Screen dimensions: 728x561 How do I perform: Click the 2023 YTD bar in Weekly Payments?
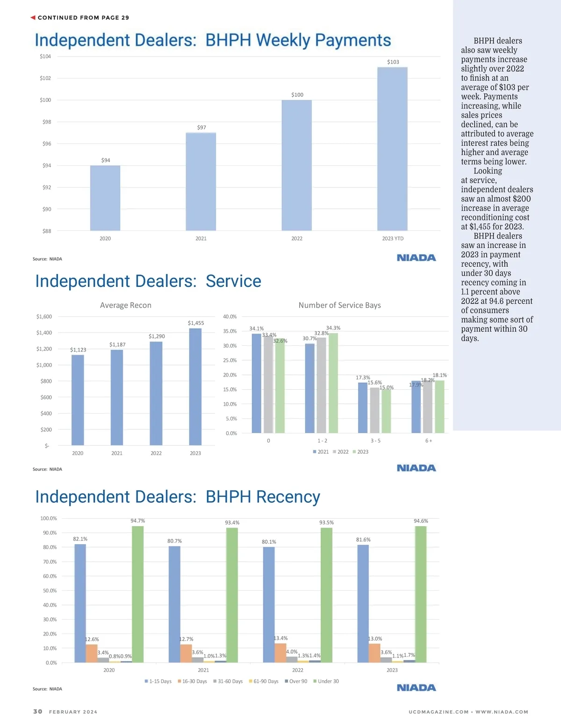[392, 149]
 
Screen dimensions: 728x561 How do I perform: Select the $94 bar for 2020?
[105, 198]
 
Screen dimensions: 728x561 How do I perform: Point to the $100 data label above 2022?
[297, 95]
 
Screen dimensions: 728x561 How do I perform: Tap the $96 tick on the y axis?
[47, 144]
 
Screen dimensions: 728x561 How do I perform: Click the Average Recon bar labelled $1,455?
[195, 386]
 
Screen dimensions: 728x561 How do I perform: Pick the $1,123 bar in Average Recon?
[78, 400]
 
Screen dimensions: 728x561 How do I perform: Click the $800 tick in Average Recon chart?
[46, 381]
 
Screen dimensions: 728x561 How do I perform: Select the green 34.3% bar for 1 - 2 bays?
[333, 383]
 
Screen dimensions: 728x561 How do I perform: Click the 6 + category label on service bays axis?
[429, 441]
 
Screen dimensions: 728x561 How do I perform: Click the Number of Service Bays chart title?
[339, 305]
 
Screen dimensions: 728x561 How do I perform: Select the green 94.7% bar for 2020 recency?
[137, 594]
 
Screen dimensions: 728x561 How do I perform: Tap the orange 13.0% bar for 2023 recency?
[374, 653]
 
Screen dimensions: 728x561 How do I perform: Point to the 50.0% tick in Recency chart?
[49, 591]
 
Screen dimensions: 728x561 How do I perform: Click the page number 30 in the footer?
[38, 712]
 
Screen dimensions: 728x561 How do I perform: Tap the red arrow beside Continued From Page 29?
[33, 18]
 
